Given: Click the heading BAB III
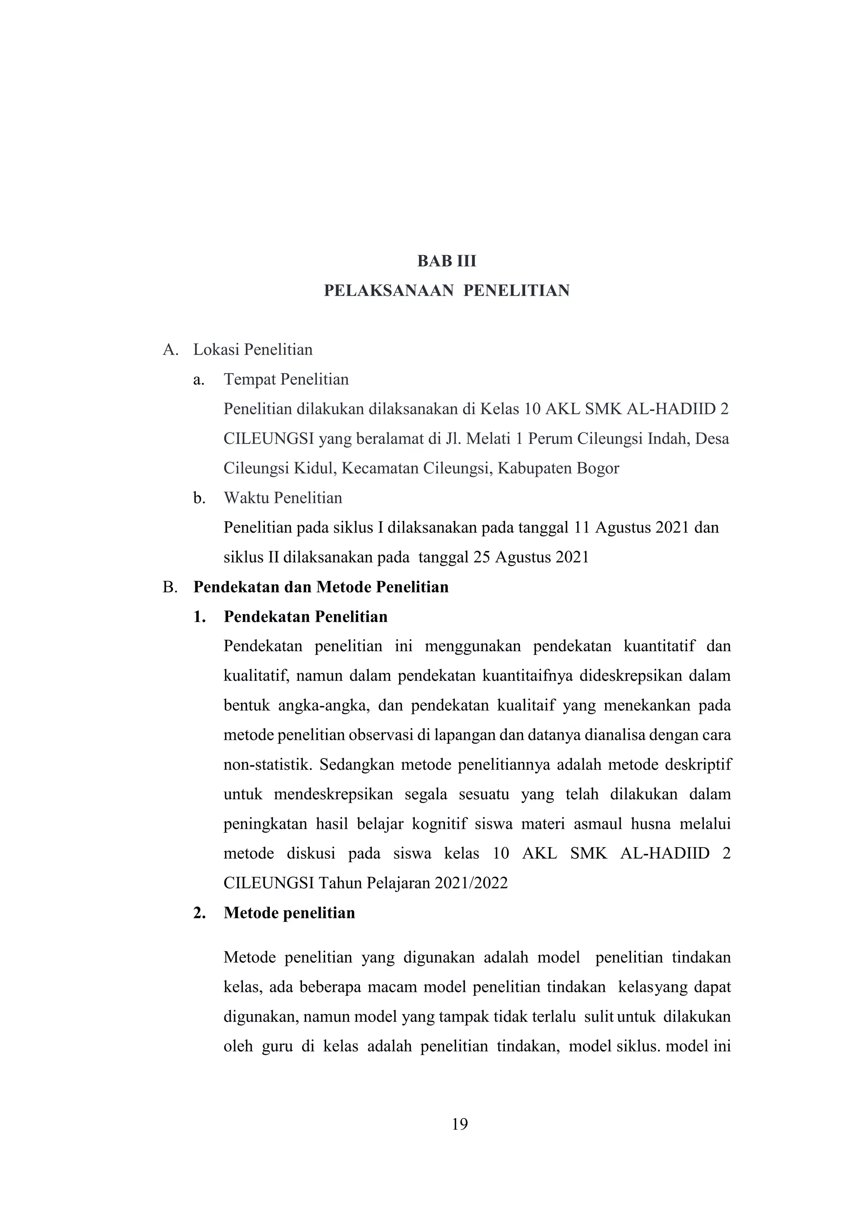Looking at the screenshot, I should point(446,261).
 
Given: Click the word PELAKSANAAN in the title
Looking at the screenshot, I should point(389,291).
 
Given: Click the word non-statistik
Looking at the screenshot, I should point(268,765).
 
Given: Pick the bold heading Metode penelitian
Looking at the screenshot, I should point(289,913).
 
